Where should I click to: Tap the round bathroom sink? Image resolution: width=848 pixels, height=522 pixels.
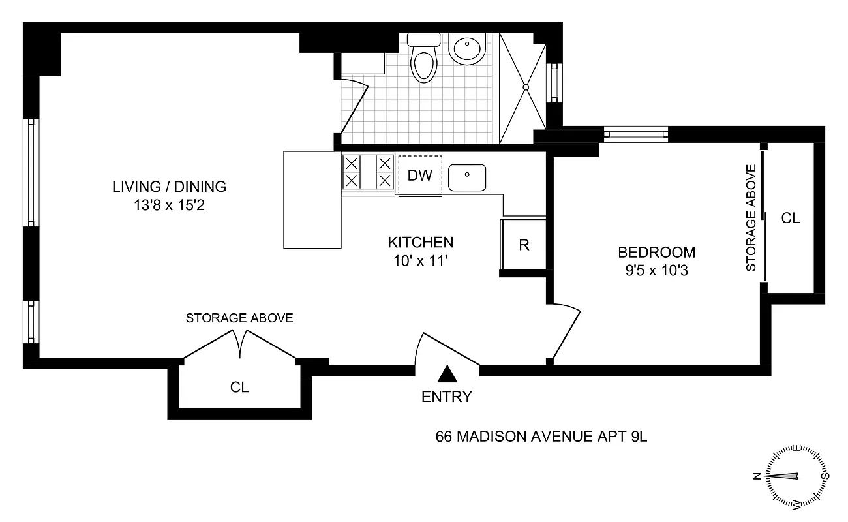467,48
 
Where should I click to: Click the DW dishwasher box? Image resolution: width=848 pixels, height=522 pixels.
419,176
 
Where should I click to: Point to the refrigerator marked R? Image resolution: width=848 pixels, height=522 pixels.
523,245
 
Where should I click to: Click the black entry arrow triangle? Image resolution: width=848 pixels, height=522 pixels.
447,373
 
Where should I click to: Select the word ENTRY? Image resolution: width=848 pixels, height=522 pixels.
447,397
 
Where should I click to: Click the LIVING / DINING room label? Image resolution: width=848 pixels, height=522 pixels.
170,187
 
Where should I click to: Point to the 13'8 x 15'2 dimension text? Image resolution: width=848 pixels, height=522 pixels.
170,206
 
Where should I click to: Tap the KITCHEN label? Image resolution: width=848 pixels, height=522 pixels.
421,243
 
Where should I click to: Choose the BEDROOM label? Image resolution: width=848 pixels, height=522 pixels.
657,252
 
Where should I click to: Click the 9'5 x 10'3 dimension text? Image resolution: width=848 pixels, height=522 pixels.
657,269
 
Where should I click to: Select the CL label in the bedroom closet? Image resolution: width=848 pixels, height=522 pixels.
791,219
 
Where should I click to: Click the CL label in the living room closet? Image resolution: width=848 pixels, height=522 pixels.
239,387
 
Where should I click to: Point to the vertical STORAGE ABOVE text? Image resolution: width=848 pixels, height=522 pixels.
751,218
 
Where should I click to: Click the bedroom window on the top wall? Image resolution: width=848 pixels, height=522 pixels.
636,134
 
